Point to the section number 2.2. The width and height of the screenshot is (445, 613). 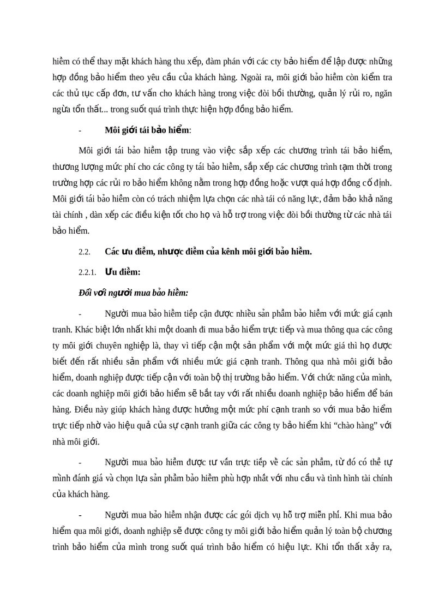click(84, 252)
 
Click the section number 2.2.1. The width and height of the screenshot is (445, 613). click(87, 272)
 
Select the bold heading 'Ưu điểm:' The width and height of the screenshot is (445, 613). click(123, 272)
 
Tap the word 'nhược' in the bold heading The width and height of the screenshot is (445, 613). click(172, 252)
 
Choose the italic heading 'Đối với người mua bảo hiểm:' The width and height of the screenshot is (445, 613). click(134, 293)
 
